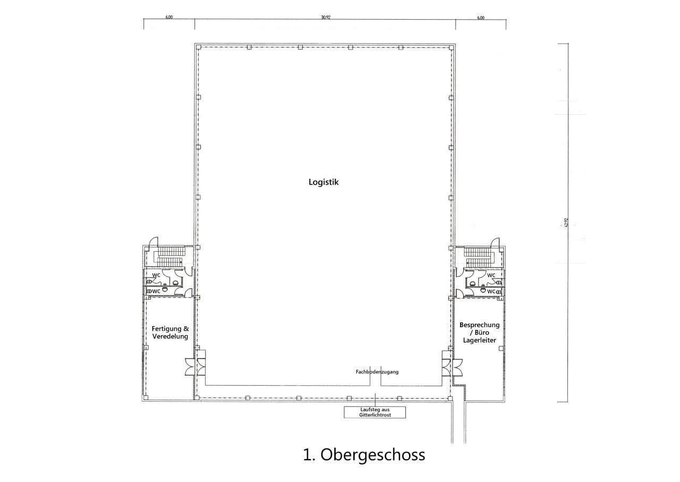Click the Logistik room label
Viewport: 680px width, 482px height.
pos(324,182)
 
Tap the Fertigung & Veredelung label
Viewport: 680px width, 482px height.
pos(170,333)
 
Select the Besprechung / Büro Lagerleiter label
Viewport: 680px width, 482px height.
pos(479,332)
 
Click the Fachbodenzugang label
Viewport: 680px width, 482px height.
pos(377,372)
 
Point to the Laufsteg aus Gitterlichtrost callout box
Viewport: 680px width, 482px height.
pos(375,412)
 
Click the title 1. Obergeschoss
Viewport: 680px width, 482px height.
pos(364,455)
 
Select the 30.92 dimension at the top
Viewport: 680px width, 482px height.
pos(325,17)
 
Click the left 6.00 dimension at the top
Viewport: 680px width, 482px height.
pos(169,17)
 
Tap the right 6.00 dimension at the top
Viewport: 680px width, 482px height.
pos(481,17)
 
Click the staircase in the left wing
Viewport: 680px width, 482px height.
pos(169,257)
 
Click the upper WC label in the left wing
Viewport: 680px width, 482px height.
pos(157,275)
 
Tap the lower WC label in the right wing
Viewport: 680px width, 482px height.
pos(491,292)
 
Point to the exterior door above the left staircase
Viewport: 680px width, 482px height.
pos(154,242)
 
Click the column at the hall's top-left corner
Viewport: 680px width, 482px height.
pos(198,47)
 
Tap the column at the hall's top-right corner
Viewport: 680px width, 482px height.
pos(450,47)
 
